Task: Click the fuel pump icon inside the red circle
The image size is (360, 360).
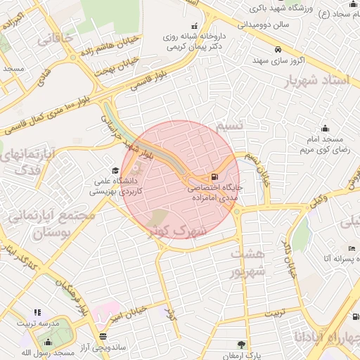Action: [x=214, y=176]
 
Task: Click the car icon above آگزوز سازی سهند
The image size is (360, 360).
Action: [x=278, y=50]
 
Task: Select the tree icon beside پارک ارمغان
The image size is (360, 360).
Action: [x=242, y=345]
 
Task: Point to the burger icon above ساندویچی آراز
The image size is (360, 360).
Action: [x=103, y=336]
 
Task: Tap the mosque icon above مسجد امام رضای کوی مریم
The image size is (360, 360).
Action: [x=325, y=128]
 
